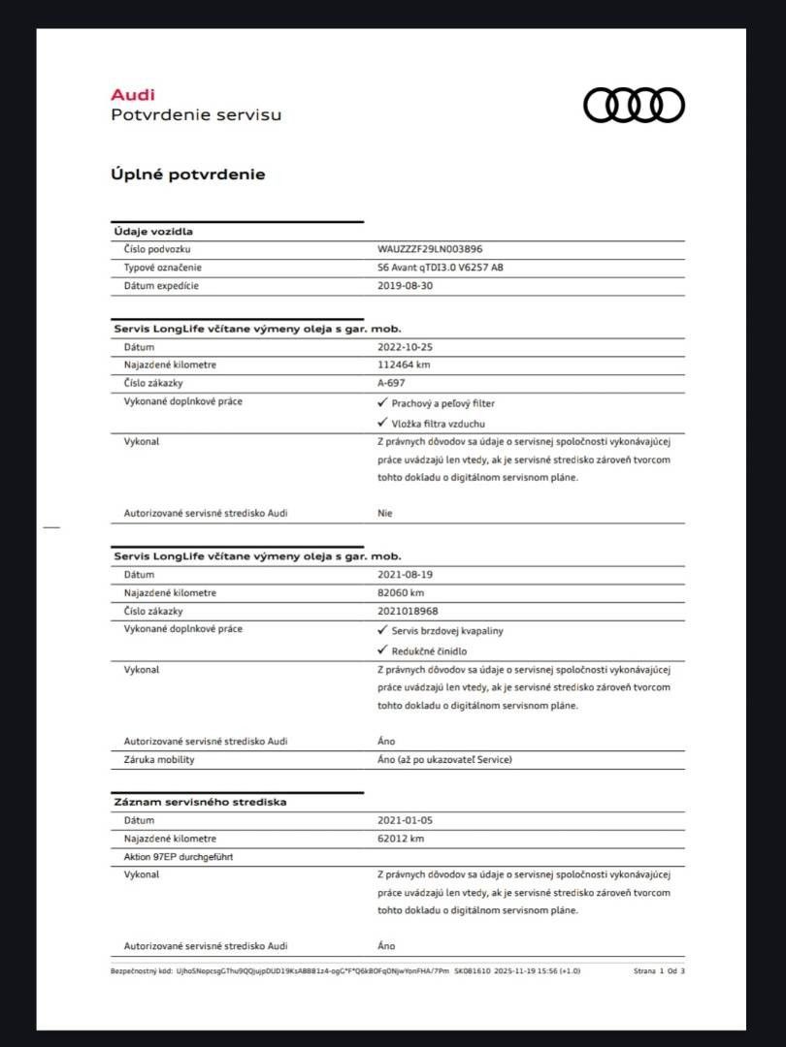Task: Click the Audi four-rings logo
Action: pyautogui.click(x=634, y=105)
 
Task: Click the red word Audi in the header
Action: pyautogui.click(x=132, y=95)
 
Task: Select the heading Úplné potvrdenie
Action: pyautogui.click(x=187, y=174)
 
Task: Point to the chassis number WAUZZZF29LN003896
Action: pyautogui.click(x=429, y=249)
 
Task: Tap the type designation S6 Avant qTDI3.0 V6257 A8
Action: pyautogui.click(x=440, y=268)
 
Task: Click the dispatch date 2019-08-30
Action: pyautogui.click(x=405, y=286)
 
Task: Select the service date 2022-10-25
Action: pyautogui.click(x=405, y=346)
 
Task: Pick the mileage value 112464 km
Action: pyautogui.click(x=404, y=365)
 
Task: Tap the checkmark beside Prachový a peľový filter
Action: pyautogui.click(x=382, y=402)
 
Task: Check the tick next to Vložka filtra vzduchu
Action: pyautogui.click(x=382, y=423)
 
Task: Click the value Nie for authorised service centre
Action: pyautogui.click(x=385, y=513)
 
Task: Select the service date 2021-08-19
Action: pyautogui.click(x=405, y=574)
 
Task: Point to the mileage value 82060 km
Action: pyautogui.click(x=401, y=592)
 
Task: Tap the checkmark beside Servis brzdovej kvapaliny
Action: pyautogui.click(x=382, y=630)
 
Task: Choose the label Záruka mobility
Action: pyautogui.click(x=159, y=759)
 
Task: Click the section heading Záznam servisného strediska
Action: pyautogui.click(x=200, y=802)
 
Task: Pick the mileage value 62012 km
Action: pyautogui.click(x=401, y=839)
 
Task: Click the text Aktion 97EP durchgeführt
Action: pyautogui.click(x=179, y=857)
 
